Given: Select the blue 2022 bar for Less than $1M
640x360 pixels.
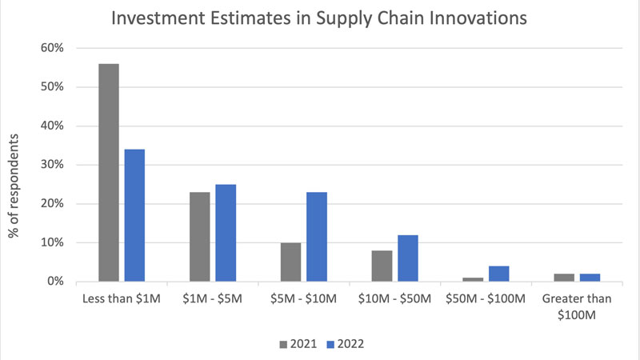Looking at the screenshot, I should click(134, 215).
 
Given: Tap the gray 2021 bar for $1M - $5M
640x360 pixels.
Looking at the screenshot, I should click(199, 237).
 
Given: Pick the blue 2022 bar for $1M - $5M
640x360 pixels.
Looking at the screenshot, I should click(226, 233).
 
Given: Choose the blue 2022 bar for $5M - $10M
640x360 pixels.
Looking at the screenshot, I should click(317, 237).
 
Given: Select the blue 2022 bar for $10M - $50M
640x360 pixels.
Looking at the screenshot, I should click(407, 258).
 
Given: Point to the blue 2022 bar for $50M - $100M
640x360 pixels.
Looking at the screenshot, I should click(498, 274).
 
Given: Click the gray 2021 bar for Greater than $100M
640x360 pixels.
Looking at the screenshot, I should click(563, 278).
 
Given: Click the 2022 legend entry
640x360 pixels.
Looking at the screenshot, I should click(344, 344).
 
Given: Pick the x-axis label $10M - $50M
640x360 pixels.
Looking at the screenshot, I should click(394, 299).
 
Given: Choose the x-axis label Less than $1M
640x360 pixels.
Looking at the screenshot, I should click(122, 299).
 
